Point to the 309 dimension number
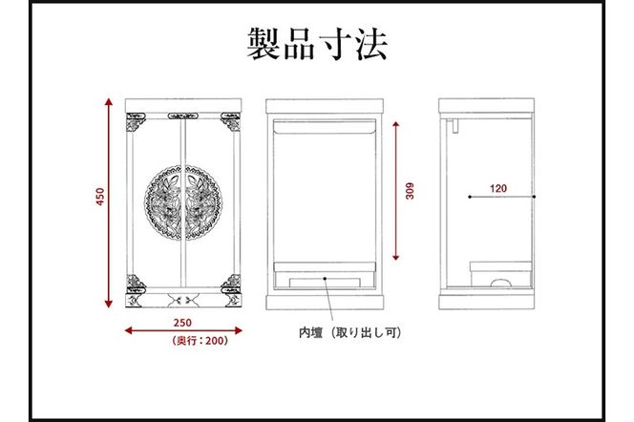[x=410, y=190]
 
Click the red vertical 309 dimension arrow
[x=397, y=191]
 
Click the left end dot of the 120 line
[x=469, y=197]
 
